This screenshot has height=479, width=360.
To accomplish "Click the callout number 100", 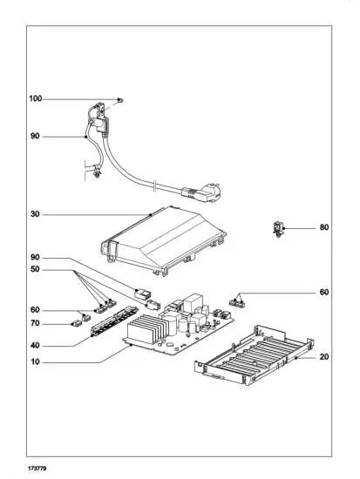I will [35, 99].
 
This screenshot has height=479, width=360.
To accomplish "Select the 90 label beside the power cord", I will [35, 137].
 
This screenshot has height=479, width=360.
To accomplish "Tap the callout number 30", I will [35, 214].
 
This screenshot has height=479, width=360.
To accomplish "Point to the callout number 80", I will [323, 228].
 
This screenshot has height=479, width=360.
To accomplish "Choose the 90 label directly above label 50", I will [35, 259].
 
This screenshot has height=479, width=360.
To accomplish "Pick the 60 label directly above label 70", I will [35, 309].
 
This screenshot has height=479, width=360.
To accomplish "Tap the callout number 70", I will [35, 323].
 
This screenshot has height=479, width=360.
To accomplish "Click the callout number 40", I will [35, 346].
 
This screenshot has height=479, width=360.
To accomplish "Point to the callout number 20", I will [323, 357].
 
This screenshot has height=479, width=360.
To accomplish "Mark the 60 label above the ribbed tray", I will [323, 293].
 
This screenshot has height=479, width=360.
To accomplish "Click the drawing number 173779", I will [37, 469].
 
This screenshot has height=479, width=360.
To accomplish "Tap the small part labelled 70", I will [76, 323].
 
